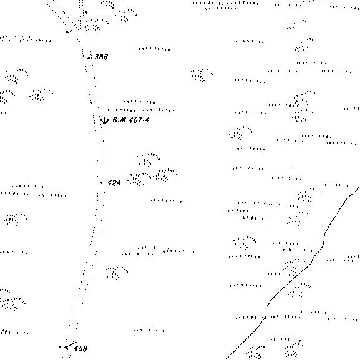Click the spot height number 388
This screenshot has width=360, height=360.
101,57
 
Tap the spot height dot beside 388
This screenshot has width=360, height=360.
89,58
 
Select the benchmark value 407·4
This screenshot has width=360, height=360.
139,120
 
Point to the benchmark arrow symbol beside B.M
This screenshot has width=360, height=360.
104,120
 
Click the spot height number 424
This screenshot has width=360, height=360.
114,183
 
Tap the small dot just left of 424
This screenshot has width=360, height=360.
102,183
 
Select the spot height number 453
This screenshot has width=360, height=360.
80,348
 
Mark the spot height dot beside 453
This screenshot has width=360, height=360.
67,348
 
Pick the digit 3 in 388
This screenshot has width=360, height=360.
97,57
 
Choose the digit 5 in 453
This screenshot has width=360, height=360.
80,348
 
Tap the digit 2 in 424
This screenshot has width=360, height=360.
114,183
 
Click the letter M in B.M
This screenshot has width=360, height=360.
124,120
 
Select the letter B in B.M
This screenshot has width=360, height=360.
115,120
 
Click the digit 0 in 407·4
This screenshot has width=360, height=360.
135,120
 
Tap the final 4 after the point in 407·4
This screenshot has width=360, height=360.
147,120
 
